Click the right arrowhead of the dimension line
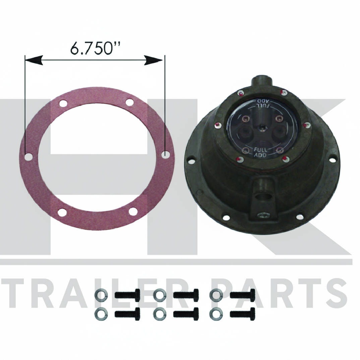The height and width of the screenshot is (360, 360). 154,60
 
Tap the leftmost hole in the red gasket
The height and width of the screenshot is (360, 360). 28,157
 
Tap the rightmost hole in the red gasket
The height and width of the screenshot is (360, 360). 165,154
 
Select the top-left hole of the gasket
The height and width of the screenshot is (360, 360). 63,103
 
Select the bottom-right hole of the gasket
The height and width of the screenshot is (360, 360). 133,212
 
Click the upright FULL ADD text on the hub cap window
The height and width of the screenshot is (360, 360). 260,153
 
